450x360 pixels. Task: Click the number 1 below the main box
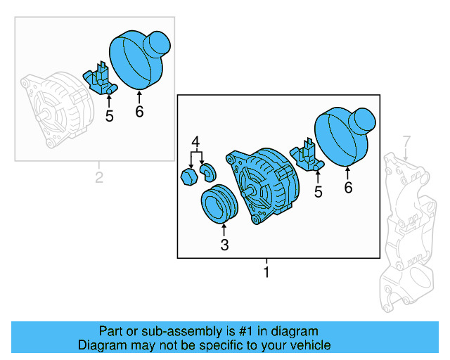pyautogui.click(x=266, y=271)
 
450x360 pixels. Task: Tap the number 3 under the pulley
pyautogui.click(x=224, y=245)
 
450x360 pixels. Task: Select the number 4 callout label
pyautogui.click(x=197, y=141)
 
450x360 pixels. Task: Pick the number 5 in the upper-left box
pyautogui.click(x=109, y=116)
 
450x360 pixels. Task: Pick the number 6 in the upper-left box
pyautogui.click(x=139, y=112)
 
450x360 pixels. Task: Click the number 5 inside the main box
pyautogui.click(x=319, y=191)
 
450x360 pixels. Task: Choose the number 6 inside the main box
pyautogui.click(x=348, y=188)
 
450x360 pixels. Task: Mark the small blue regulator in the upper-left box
pyautogui.click(x=100, y=79)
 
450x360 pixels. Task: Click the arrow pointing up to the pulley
pyautogui.click(x=224, y=228)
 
